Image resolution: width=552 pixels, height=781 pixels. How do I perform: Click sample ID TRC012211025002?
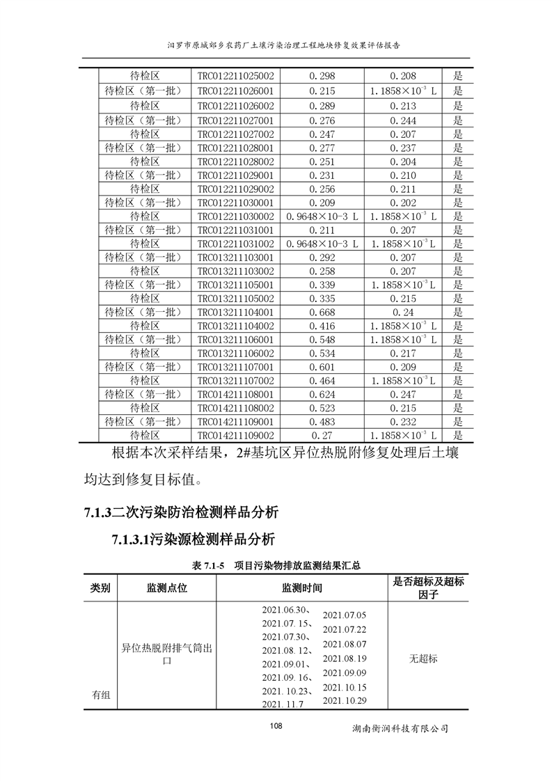(236, 76)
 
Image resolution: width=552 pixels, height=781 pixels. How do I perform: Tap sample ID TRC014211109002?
(236, 435)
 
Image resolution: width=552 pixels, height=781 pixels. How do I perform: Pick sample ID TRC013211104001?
(236, 313)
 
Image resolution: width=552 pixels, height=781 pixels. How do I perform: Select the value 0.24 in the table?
(403, 313)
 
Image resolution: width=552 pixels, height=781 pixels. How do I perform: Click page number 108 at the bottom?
(276, 726)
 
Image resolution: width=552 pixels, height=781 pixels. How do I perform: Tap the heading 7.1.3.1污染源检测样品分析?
(194, 539)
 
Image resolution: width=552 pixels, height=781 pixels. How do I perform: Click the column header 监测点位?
(166, 588)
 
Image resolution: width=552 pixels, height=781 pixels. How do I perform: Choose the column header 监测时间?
(301, 588)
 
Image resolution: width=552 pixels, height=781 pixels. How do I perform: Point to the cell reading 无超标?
(423, 658)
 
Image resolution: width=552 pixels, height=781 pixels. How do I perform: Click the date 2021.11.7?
(283, 704)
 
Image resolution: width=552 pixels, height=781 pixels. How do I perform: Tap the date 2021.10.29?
(345, 700)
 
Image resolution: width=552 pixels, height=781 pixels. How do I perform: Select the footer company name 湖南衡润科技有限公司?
(400, 729)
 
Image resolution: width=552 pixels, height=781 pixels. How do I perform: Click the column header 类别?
(100, 588)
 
